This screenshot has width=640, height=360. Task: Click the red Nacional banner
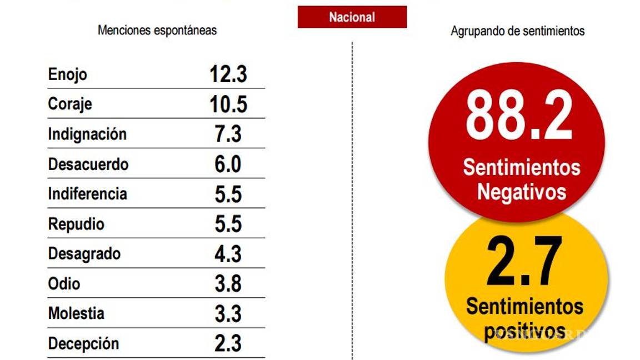(352, 17)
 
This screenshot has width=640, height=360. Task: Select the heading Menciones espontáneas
(157, 30)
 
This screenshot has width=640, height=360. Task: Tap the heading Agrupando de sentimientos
(517, 31)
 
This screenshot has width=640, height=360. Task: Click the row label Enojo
(68, 74)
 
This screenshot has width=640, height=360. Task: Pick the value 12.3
(228, 74)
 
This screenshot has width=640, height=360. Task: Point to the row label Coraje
(70, 104)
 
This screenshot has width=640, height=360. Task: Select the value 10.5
(228, 104)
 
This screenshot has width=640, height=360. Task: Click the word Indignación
(87, 134)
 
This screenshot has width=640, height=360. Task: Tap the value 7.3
(228, 134)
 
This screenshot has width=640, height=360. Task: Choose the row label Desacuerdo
(88, 164)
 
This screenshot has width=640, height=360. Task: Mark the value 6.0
(228, 164)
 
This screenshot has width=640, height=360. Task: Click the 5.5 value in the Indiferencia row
(228, 194)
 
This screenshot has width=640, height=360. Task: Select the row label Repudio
(76, 224)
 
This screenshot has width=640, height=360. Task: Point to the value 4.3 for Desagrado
(228, 254)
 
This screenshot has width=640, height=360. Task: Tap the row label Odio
(64, 284)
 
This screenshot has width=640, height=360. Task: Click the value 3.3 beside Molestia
(228, 314)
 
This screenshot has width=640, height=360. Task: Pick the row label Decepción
(83, 344)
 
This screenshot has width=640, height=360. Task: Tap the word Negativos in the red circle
(522, 192)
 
